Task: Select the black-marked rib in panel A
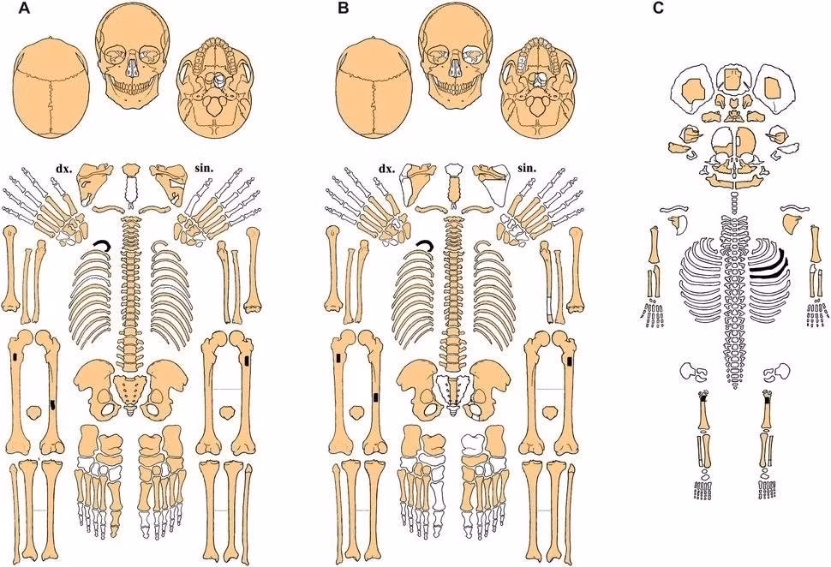pos(104,247)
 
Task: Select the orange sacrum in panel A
pos(130,390)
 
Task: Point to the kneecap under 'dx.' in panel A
pos(33,413)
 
